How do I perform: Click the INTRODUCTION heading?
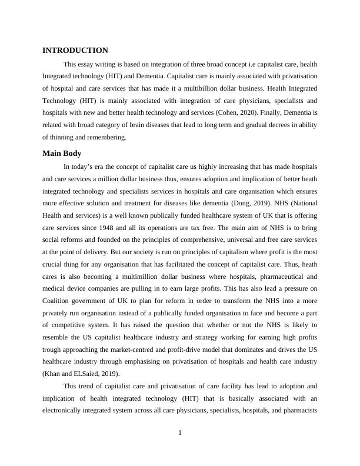pos(75,51)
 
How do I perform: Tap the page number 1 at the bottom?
pos(180,434)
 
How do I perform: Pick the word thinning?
pos(65,137)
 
